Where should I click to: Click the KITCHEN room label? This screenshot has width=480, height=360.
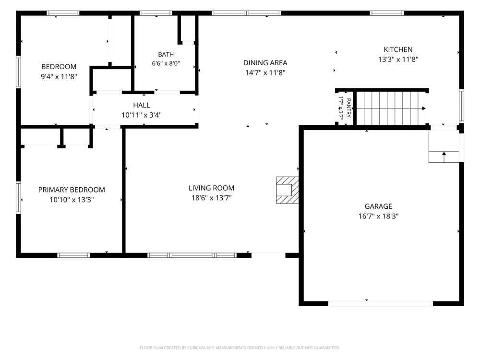(x=398, y=49)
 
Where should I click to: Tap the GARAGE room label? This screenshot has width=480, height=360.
(x=378, y=206)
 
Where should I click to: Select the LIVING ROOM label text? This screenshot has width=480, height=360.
(x=211, y=188)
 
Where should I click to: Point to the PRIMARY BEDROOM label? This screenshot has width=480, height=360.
(x=72, y=190)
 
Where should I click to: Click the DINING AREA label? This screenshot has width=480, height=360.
(x=265, y=63)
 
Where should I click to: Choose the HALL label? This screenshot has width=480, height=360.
(x=142, y=105)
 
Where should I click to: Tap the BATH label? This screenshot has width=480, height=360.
(x=166, y=55)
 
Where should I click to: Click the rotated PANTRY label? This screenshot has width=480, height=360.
(x=348, y=108)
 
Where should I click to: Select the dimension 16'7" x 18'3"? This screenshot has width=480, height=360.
(x=378, y=216)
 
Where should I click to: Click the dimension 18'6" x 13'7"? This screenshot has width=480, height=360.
(x=211, y=198)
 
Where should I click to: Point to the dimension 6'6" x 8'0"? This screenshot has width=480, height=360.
(x=166, y=63)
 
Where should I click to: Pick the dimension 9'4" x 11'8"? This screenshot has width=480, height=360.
(x=59, y=76)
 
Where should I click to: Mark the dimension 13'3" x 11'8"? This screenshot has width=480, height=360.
(x=398, y=59)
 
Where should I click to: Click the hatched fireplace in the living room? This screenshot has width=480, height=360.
(x=288, y=190)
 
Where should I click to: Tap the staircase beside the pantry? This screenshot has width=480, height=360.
(x=391, y=108)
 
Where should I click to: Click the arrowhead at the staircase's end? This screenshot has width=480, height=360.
(x=424, y=108)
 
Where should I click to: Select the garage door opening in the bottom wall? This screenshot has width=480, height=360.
(x=381, y=304)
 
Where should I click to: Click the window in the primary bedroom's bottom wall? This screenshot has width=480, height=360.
(x=73, y=255)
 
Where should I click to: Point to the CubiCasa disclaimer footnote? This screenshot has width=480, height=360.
(x=240, y=348)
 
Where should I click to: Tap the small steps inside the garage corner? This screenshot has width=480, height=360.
(x=444, y=146)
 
